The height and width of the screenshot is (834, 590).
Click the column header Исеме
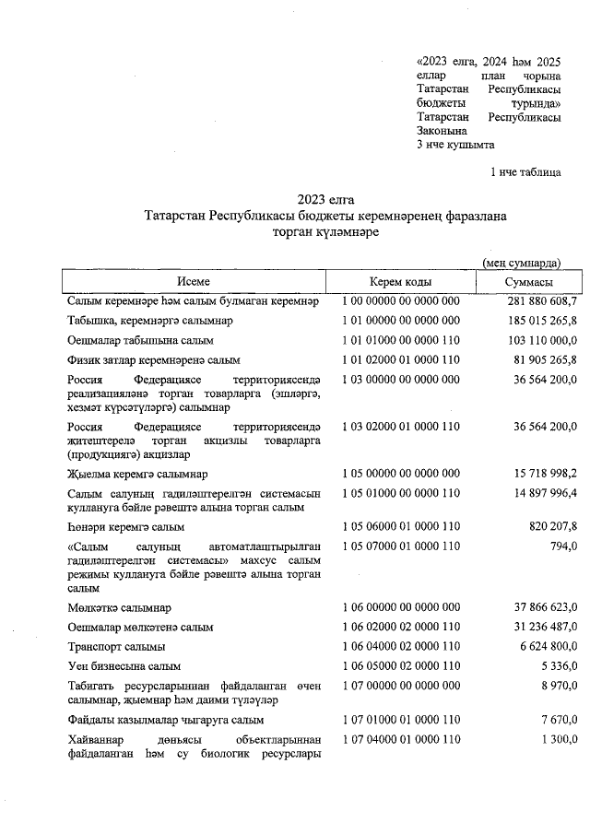point(195,282)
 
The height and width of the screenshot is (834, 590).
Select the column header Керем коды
point(401,282)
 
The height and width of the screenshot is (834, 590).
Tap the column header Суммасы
point(528,282)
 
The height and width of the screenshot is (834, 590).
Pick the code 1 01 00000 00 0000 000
point(400,321)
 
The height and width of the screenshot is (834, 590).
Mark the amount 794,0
point(563,546)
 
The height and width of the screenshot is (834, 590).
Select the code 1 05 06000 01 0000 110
point(400,527)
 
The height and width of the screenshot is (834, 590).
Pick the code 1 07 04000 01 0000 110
point(400,740)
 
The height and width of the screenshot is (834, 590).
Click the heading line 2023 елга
point(325,200)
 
